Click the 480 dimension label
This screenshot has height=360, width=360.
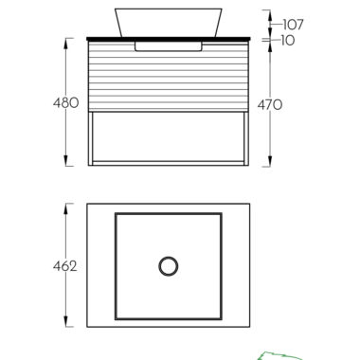pos(65,103)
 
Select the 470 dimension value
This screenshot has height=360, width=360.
pos(270,105)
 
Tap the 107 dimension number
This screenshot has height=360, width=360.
pos(293,25)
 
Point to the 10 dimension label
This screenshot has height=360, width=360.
pos(288,41)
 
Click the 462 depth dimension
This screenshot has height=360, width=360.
pos(65,266)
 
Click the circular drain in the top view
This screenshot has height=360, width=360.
pos(169,266)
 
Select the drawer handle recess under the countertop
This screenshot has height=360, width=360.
pos(169,46)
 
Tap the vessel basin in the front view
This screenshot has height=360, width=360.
pos(169,23)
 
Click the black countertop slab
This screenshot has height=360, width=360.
pos(169,39)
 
